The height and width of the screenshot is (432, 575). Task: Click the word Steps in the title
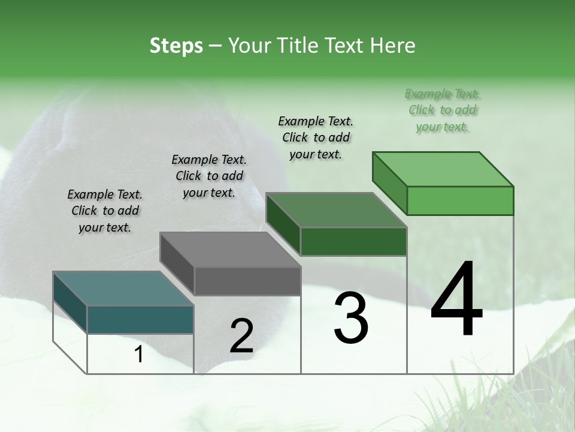176,46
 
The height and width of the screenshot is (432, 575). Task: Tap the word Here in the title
392,46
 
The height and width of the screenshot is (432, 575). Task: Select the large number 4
457,300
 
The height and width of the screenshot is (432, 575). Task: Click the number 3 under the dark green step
351,318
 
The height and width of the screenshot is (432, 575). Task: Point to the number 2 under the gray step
241,336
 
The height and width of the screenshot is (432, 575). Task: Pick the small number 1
138,355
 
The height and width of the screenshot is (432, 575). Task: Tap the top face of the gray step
230,250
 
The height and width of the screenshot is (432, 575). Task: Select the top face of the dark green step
336,210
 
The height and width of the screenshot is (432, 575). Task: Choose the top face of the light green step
443,169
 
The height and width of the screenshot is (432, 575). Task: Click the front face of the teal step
140,319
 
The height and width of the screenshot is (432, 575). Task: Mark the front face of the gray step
247,281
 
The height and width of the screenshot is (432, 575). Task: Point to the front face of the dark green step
353,241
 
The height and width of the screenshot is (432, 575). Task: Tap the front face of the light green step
460,200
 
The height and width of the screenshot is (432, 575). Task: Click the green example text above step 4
443,110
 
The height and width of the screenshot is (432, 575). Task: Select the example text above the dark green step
316,137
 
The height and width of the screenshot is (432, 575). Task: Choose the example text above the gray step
209,176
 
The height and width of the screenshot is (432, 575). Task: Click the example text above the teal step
105,211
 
